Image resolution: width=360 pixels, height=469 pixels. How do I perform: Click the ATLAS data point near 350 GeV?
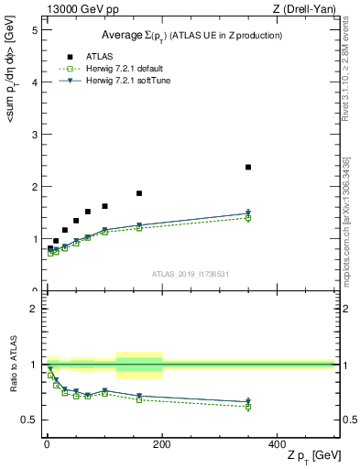248,167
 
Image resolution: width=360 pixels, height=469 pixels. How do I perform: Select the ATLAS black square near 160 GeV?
139,193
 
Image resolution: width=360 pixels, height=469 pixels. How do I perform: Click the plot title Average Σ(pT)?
191,35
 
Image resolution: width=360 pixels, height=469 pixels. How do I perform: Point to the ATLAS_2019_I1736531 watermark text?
190,273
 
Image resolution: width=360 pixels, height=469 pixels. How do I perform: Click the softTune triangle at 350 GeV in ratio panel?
248,401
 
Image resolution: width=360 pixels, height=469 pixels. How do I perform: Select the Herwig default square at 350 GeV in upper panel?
248,218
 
